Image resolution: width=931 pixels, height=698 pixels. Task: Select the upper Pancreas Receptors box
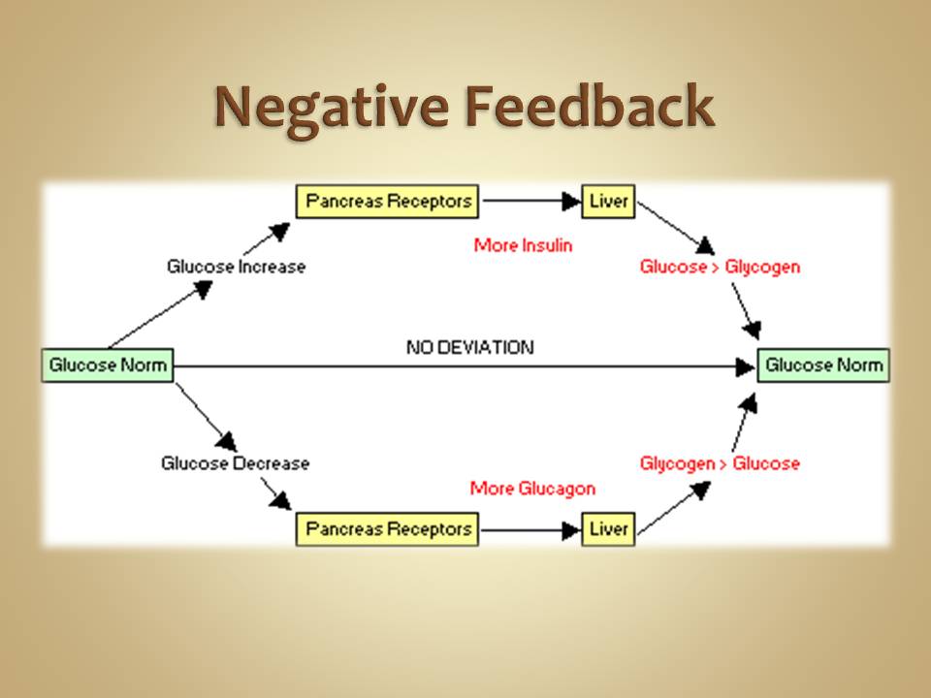[387, 202]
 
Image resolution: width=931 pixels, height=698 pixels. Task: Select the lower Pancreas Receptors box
[387, 529]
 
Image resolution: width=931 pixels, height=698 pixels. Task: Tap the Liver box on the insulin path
[608, 202]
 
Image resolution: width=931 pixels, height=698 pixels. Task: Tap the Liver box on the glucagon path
[608, 529]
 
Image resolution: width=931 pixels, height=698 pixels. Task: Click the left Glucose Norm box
[108, 365]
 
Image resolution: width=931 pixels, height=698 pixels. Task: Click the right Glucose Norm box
[823, 365]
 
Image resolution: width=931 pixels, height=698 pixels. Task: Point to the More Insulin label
[523, 245]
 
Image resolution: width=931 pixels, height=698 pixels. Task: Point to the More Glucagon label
[532, 488]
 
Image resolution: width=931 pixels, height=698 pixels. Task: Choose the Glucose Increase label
[236, 267]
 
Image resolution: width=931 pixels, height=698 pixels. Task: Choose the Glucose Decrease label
[236, 463]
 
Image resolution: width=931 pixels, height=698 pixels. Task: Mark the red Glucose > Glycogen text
[720, 267]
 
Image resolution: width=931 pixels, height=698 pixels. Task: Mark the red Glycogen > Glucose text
[720, 463]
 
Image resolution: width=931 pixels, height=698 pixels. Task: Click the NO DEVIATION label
[469, 347]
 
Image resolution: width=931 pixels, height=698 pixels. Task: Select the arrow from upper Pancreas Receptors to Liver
[530, 202]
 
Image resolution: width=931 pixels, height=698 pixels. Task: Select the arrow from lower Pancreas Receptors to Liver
[530, 529]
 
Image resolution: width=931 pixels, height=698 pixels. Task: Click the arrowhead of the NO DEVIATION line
[746, 366]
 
